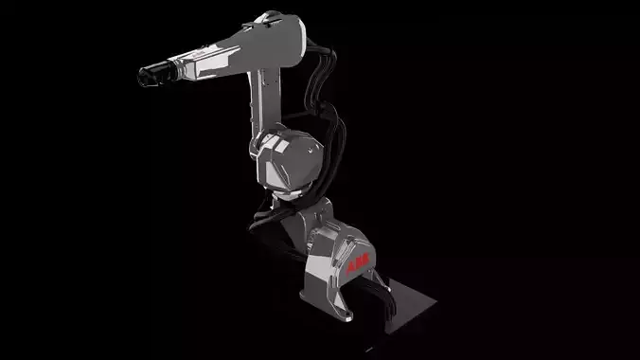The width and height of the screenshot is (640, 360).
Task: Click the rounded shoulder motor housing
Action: pyautogui.click(x=289, y=156)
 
